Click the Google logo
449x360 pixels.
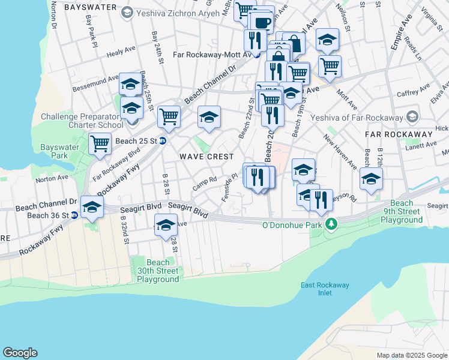[20, 353]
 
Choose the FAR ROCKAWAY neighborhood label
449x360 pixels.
[399, 134]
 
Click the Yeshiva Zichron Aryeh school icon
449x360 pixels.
[127, 12]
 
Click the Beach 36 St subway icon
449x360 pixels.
[74, 215]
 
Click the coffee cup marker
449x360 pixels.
[262, 22]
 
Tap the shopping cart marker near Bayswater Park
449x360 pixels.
[100, 143]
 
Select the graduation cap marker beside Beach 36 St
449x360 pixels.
[92, 206]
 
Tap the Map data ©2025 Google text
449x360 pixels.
[411, 355]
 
